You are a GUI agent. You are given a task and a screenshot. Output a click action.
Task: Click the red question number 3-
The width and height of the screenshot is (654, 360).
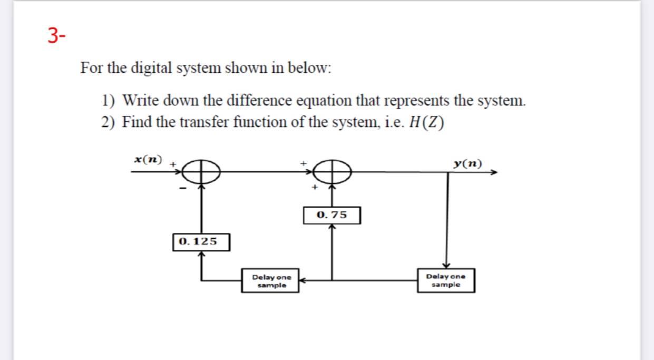(56, 34)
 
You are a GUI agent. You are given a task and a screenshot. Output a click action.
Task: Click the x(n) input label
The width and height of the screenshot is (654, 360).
(148, 159)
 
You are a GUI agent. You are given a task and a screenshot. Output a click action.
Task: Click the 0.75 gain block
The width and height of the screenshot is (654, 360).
(331, 215)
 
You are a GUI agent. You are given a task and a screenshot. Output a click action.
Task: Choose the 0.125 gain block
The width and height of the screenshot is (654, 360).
(201, 242)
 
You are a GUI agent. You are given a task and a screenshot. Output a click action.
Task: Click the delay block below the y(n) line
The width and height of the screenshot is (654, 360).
(446, 280)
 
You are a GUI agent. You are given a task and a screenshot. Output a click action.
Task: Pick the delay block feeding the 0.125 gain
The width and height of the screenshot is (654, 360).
(270, 280)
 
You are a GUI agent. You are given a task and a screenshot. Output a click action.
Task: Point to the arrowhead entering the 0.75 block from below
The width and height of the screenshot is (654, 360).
(331, 227)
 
